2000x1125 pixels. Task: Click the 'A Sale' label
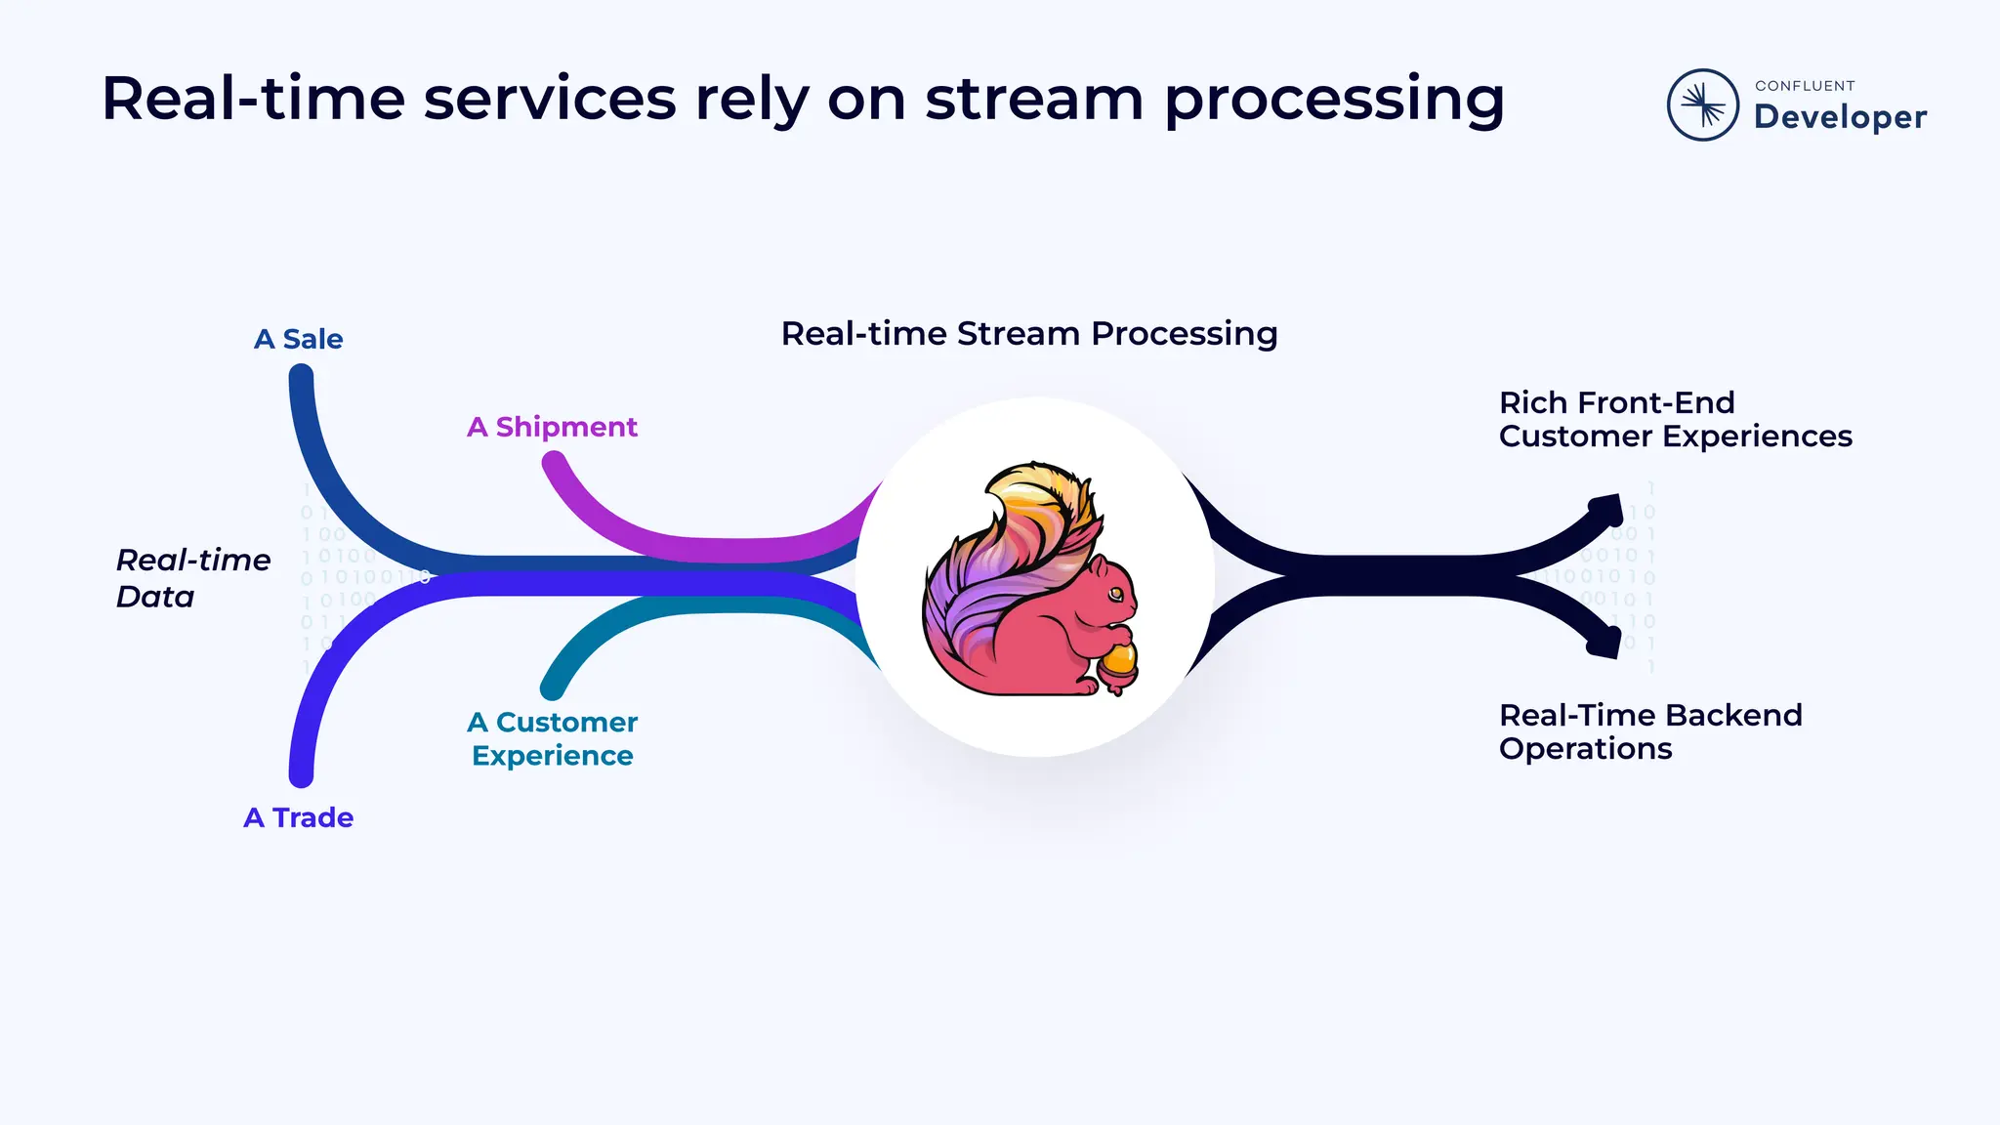tap(298, 339)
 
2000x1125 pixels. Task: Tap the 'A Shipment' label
tap(552, 427)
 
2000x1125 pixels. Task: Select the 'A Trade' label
tap(298, 817)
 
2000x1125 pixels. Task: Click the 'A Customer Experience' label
tap(552, 738)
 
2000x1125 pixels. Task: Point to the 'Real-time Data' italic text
tap(192, 578)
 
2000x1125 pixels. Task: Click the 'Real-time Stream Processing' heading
tap(1028, 334)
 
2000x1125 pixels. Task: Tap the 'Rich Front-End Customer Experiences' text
tap(1674, 419)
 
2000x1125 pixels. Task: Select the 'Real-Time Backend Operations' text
tap(1649, 731)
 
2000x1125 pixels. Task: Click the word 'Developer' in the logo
tap(1840, 117)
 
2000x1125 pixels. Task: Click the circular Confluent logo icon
tap(1702, 104)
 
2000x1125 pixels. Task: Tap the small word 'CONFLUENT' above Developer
tap(1804, 86)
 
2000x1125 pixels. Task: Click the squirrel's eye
tap(1115, 594)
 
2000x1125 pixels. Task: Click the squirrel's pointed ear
tap(1098, 565)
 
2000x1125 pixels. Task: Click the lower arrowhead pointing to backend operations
tap(1605, 642)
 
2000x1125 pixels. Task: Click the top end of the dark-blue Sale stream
tap(302, 377)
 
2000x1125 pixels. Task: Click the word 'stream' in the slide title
tap(1034, 100)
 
